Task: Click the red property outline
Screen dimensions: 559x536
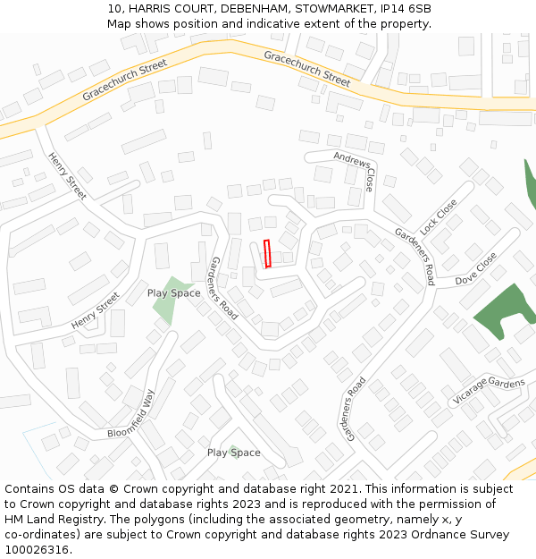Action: (267, 254)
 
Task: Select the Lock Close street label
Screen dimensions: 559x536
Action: (439, 216)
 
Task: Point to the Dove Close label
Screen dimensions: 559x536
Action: (475, 267)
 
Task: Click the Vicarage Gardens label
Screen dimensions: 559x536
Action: (489, 390)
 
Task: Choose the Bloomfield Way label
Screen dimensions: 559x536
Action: (131, 412)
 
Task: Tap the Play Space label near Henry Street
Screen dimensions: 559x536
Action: (173, 293)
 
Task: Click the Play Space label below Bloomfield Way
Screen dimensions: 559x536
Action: (233, 453)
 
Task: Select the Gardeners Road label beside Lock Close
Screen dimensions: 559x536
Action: (415, 256)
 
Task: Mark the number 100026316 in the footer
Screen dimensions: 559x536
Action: (38, 550)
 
